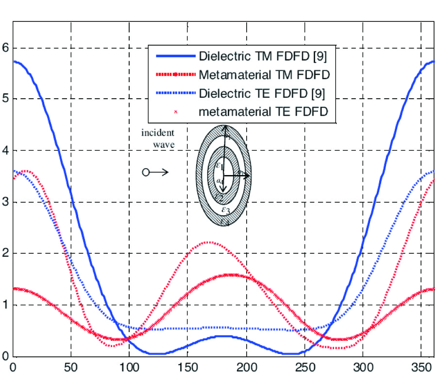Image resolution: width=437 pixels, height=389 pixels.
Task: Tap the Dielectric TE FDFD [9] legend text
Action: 262,93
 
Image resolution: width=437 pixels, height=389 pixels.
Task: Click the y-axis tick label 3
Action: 5,202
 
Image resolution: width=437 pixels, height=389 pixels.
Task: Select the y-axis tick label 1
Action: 5,305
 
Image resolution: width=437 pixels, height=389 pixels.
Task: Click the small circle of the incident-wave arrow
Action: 145,172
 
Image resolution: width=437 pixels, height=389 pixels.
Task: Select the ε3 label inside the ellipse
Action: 224,210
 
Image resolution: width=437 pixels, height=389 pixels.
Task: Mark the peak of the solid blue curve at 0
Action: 15,61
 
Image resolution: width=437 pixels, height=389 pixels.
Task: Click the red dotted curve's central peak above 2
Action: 208,242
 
